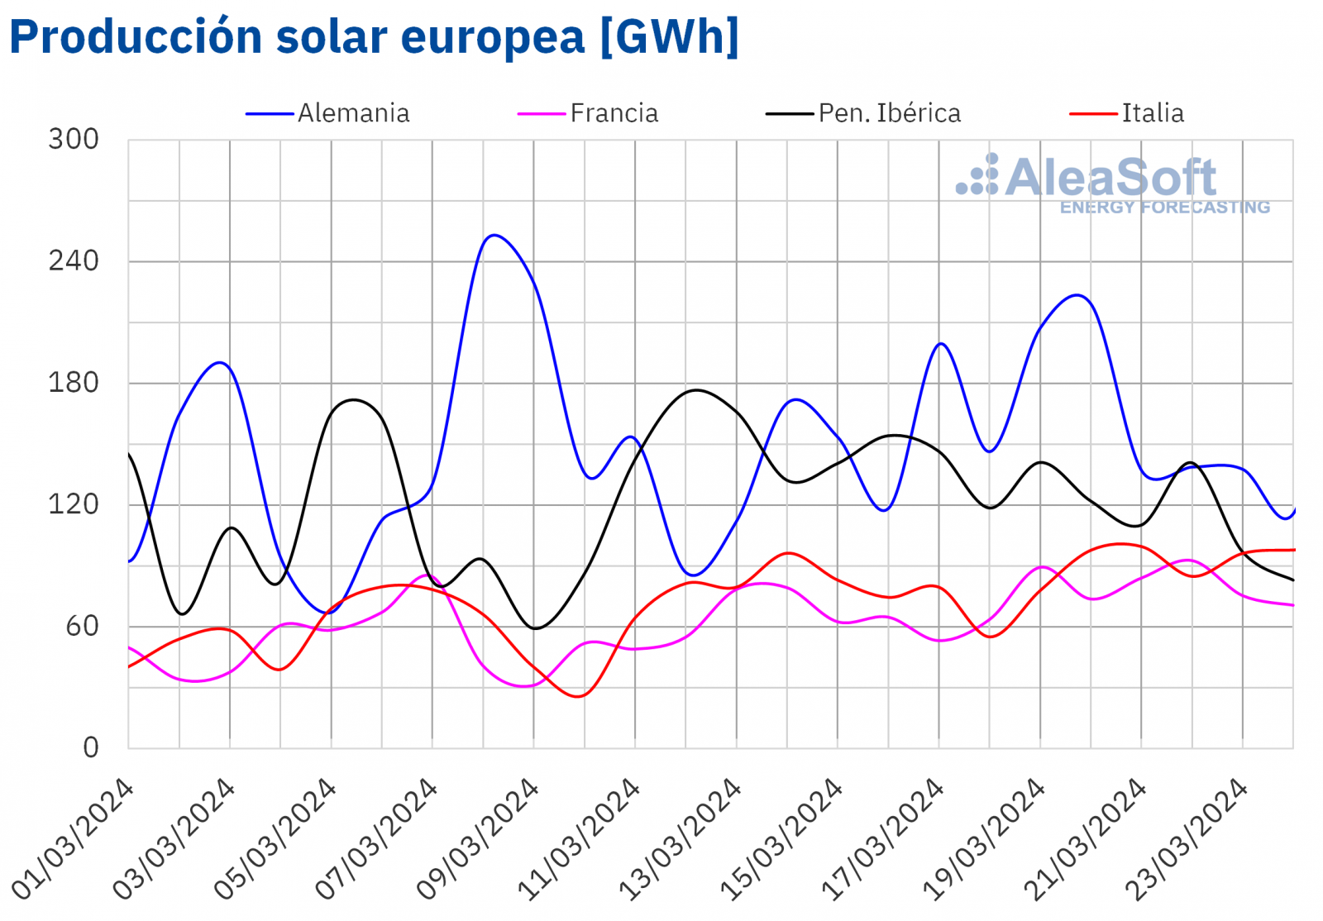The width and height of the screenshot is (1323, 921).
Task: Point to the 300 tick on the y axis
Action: tap(74, 139)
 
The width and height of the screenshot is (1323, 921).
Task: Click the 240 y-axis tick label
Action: tap(74, 261)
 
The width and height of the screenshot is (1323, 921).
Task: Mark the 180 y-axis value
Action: tap(74, 383)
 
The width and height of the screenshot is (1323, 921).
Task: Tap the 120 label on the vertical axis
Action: tap(74, 504)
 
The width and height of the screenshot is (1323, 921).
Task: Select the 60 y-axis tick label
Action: tap(82, 626)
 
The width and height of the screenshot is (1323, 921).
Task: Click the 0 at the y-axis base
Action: tap(91, 747)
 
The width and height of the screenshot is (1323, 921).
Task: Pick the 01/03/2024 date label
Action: tap(73, 839)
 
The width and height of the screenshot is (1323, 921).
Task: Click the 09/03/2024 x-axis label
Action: tap(477, 839)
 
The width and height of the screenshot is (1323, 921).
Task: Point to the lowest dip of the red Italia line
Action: tap(578, 696)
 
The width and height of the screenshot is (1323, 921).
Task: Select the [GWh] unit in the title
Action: tap(669, 36)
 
